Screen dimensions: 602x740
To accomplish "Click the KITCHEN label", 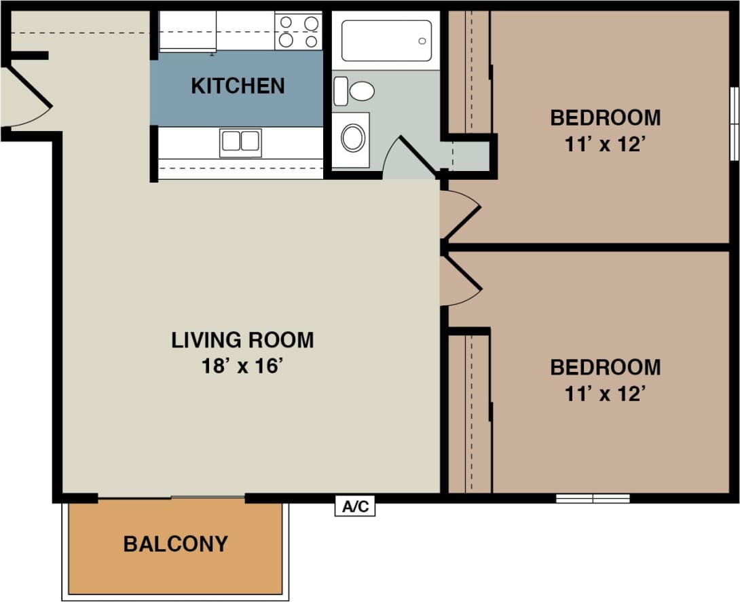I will [238, 86].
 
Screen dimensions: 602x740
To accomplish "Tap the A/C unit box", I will [355, 506].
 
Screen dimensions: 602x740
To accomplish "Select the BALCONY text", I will [175, 544].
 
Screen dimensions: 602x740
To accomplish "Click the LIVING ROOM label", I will [242, 339].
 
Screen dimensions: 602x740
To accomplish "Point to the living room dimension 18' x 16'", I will [242, 366].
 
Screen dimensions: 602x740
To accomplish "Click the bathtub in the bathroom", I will [386, 41].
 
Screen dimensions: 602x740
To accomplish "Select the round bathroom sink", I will [352, 138].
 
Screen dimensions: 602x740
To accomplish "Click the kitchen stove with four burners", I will [299, 32].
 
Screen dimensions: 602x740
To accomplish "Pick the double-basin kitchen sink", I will [240, 142].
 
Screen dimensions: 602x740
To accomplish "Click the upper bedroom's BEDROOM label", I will [605, 117].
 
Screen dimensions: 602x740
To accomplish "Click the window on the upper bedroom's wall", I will [733, 124].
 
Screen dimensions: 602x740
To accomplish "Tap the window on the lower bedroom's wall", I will [593, 498].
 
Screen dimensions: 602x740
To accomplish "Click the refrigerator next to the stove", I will [187, 31].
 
